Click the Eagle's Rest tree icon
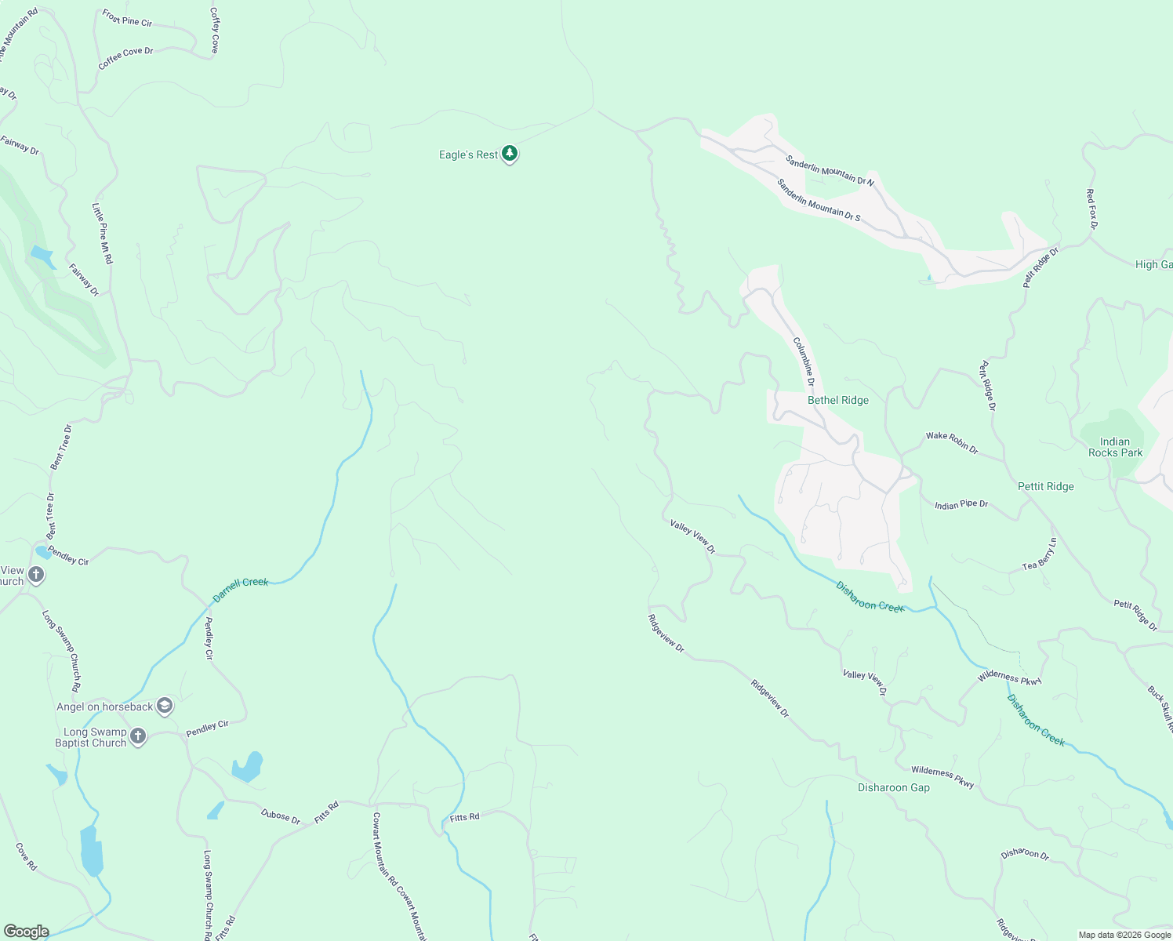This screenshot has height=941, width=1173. click(510, 153)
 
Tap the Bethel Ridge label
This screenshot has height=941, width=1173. click(837, 400)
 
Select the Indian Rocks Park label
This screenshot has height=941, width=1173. click(1115, 447)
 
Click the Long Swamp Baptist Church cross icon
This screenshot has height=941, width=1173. click(138, 736)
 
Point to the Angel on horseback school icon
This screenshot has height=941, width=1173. click(164, 706)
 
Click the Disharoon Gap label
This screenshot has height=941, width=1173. click(893, 787)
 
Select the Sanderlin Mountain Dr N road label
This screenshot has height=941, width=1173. click(830, 170)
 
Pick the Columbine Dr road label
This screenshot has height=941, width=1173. click(804, 361)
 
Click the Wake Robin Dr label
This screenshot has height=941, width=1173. click(952, 443)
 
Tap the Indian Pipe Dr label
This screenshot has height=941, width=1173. click(961, 504)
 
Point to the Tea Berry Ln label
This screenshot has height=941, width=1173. click(1040, 554)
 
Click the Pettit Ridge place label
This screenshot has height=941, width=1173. click(1045, 486)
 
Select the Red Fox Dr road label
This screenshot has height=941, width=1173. click(1091, 209)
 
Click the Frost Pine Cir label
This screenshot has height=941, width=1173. click(127, 17)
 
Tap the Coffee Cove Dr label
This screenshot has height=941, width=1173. click(125, 58)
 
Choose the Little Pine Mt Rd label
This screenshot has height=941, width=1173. click(103, 233)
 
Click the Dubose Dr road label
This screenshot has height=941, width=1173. click(281, 816)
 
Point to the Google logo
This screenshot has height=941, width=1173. click(26, 932)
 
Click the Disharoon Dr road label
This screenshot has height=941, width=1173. click(1025, 854)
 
